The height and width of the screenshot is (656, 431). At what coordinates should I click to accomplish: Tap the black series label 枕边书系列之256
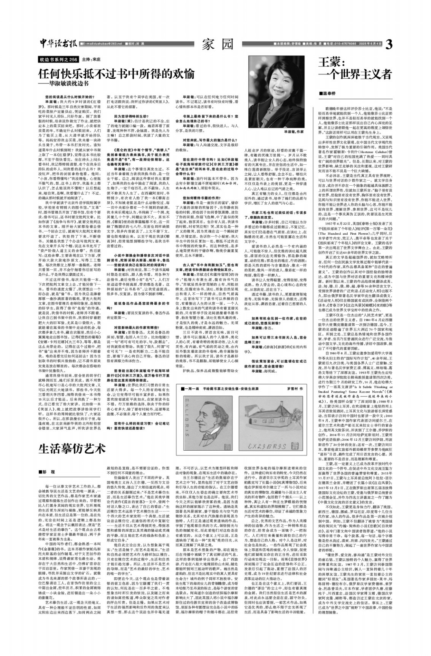[x=59, y=60]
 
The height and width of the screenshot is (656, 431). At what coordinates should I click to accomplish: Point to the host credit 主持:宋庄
[x=91, y=60]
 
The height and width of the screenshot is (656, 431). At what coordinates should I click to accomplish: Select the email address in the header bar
[x=102, y=44]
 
